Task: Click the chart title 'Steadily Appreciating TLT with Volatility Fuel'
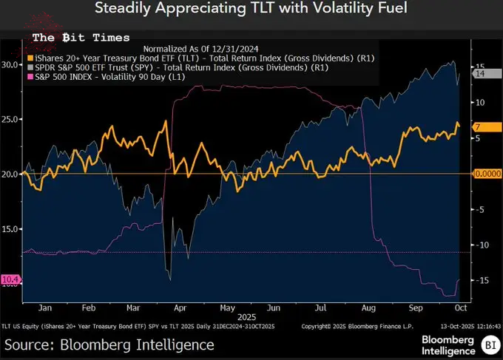pyautogui.click(x=251, y=10)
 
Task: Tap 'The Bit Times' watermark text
pyautogui.click(x=81, y=37)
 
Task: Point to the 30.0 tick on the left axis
pyautogui.click(x=10, y=64)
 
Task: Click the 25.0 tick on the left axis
pyautogui.click(x=10, y=119)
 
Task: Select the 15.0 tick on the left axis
pyautogui.click(x=10, y=228)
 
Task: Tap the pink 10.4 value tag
pyautogui.click(x=10, y=279)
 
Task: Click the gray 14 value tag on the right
pyautogui.click(x=479, y=73)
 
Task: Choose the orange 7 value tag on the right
pyautogui.click(x=479, y=127)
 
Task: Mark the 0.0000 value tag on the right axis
pyautogui.click(x=486, y=174)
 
